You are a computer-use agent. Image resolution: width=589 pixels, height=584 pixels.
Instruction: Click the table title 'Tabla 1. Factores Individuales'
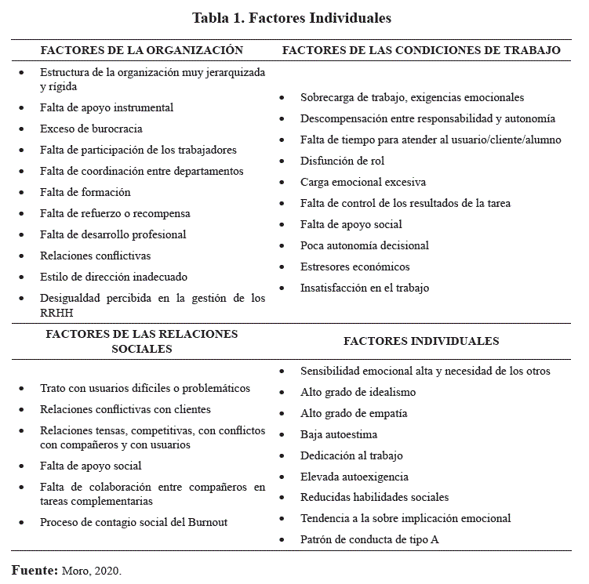coord(292,17)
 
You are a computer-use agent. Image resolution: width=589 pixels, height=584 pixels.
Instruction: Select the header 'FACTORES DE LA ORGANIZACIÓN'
coord(142,50)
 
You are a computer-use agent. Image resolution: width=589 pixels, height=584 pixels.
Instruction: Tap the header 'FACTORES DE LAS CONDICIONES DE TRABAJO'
coord(421,50)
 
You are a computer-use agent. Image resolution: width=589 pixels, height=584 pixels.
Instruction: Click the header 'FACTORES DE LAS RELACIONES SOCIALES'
coord(142,341)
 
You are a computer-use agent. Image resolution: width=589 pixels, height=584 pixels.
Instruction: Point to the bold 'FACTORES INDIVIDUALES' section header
coord(421,341)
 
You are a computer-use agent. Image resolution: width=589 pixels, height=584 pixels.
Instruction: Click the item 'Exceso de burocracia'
coord(91,129)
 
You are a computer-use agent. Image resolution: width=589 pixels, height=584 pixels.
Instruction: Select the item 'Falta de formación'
coord(85,192)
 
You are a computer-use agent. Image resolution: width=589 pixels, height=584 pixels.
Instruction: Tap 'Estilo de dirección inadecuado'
coord(114,277)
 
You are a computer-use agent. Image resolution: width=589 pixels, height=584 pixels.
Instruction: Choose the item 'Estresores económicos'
coord(354,267)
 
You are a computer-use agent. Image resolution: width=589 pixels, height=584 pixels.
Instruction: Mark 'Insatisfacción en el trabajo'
coord(365,288)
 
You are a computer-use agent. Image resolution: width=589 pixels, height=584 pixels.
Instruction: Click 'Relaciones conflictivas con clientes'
coord(125,409)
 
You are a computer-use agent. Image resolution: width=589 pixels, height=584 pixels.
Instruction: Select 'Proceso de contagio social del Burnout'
coord(134,522)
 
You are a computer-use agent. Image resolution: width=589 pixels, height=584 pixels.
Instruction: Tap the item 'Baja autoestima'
coord(339,434)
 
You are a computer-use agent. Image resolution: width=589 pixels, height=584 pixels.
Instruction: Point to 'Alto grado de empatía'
coord(354,413)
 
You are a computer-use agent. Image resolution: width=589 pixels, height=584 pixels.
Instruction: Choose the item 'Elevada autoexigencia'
coord(354,477)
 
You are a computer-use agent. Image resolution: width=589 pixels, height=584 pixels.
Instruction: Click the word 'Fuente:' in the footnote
coord(35,570)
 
